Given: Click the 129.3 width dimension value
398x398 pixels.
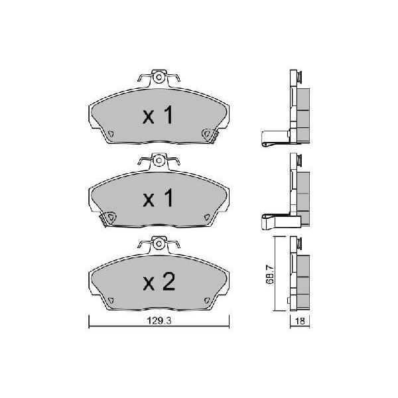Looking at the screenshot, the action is click(x=159, y=321).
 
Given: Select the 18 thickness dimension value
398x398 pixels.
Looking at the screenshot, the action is click(x=300, y=321).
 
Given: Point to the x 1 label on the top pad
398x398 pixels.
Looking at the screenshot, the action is click(x=158, y=115).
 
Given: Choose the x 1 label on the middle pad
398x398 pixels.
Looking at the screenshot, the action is click(x=158, y=198).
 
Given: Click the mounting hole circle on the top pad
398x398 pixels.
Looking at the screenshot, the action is click(x=159, y=77).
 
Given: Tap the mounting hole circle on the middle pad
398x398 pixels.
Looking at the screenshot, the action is click(x=159, y=161).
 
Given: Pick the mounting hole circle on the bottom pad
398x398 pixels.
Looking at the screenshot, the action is click(x=159, y=243).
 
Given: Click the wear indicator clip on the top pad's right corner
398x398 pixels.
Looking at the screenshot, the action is click(x=210, y=135).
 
